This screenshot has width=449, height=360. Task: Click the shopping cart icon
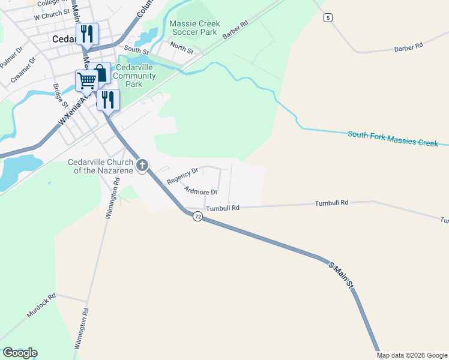click(86, 80)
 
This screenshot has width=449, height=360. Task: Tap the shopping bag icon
click(101, 73)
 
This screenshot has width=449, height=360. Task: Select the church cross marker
click(142, 164)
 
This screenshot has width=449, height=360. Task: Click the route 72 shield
click(197, 217)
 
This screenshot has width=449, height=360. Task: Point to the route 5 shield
click(327, 18)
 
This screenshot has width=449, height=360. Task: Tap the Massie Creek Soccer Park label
click(194, 28)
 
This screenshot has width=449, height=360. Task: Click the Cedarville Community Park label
click(134, 76)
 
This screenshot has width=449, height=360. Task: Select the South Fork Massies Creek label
click(393, 138)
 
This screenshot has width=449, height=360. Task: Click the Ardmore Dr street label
click(201, 191)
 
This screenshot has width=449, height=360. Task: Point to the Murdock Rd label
click(41, 306)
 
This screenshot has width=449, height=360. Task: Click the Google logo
click(20, 353)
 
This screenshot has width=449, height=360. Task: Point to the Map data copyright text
click(411, 355)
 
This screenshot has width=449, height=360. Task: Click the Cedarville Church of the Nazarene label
click(100, 166)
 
